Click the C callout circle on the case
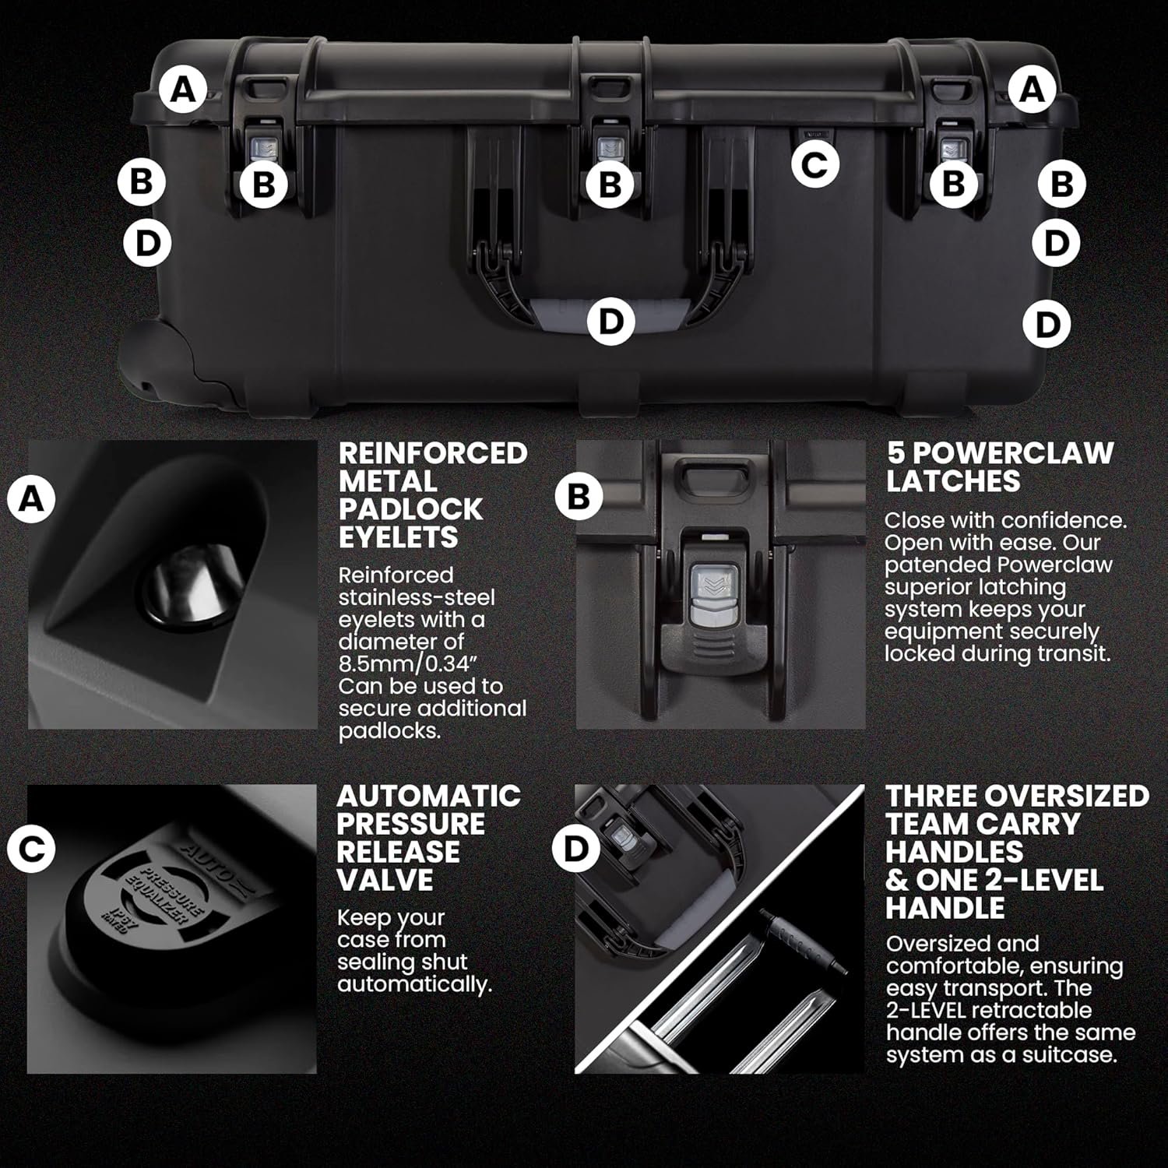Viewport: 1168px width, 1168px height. (814, 164)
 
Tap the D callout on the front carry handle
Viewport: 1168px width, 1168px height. (611, 320)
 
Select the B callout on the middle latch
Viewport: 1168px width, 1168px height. (610, 185)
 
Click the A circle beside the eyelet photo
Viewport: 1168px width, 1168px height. (31, 499)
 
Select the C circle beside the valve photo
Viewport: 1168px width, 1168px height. (31, 850)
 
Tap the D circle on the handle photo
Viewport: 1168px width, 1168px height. (575, 849)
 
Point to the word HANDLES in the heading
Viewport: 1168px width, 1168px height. (955, 852)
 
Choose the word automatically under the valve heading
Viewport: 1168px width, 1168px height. (414, 985)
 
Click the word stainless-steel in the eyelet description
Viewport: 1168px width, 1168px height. (417, 597)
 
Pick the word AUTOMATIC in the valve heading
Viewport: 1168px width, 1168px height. (429, 796)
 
